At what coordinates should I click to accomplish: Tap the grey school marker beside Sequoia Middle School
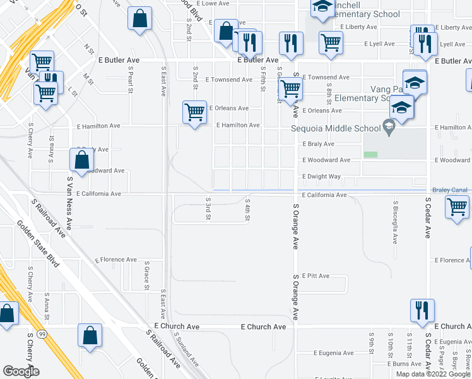pyautogui.click(x=389, y=128)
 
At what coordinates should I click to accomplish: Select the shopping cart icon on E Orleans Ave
pyautogui.click(x=195, y=112)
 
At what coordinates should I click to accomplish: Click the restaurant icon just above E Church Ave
pyautogui.click(x=422, y=311)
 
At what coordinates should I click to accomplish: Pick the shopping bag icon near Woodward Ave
pyautogui.click(x=81, y=160)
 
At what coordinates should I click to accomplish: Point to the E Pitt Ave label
pyautogui.click(x=316, y=276)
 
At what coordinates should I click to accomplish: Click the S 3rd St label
pyautogui.click(x=208, y=208)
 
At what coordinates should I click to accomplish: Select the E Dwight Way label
pyautogui.click(x=321, y=177)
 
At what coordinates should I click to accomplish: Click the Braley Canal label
pyautogui.click(x=449, y=189)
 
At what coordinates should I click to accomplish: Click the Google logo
pyautogui.click(x=21, y=371)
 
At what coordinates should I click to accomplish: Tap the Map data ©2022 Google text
pyautogui.click(x=433, y=374)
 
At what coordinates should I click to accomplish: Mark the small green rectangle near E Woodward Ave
pyautogui.click(x=370, y=154)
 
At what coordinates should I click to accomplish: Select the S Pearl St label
pyautogui.click(x=130, y=81)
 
